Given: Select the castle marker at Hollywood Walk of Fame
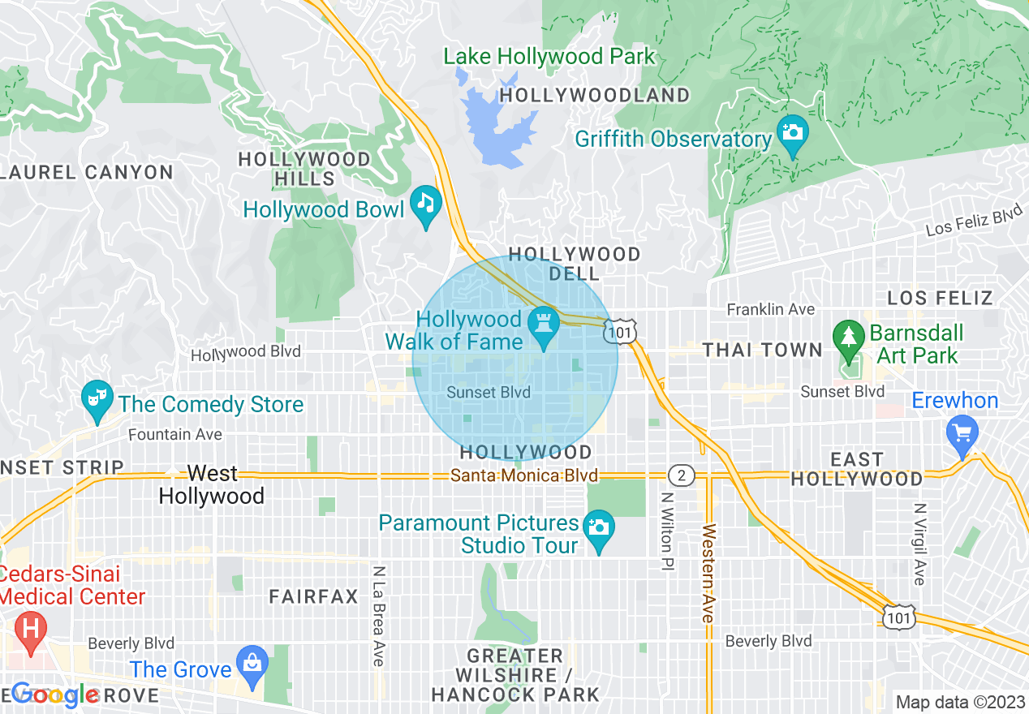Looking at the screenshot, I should [543, 324].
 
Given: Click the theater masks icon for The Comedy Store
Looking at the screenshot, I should [97, 398].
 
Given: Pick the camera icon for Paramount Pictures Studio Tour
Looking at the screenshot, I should [599, 527].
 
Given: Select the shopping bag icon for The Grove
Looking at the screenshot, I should [252, 663].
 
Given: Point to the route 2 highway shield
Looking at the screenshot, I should [682, 475].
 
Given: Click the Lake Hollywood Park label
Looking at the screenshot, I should [549, 57].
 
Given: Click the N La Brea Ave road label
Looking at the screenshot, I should [378, 616].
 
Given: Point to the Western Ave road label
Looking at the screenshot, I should [708, 573].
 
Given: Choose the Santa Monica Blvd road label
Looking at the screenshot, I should [525, 475].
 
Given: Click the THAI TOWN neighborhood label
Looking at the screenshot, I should [762, 350].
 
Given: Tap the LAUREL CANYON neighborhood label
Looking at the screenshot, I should [87, 172].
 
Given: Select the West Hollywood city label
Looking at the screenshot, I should [212, 484].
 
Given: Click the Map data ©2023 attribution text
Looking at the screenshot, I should [959, 702].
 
